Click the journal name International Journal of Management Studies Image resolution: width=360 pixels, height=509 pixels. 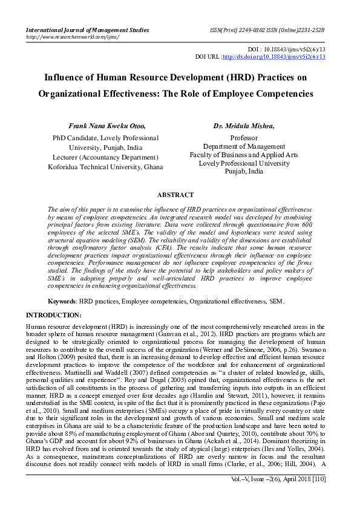click(87, 29)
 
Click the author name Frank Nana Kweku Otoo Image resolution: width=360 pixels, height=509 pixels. click(107, 126)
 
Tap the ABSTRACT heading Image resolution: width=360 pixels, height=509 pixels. click(175, 195)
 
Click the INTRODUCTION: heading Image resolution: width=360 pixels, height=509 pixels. click(53, 316)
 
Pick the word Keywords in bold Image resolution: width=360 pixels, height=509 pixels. click(62, 301)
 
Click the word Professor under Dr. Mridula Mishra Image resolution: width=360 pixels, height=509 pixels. click(244, 138)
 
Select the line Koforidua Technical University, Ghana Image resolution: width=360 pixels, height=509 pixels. click(106, 166)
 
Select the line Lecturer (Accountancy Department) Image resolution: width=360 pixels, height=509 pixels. click(106, 157)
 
